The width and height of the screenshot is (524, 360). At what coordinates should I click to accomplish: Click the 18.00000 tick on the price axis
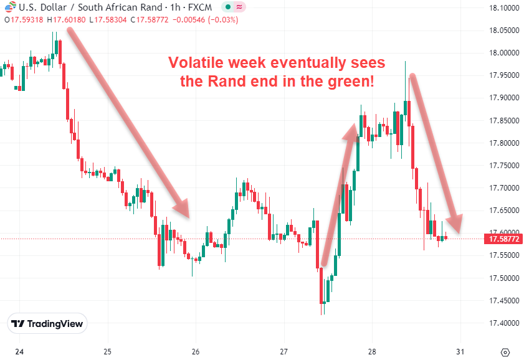[x=504, y=53]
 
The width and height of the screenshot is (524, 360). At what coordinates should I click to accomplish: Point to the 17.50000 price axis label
[x=504, y=278]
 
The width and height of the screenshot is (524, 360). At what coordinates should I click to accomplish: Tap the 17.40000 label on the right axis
[x=504, y=323]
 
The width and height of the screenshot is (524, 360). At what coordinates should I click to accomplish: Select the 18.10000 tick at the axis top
[x=504, y=8]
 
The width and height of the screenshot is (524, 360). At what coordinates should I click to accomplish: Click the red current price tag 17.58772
[x=504, y=239]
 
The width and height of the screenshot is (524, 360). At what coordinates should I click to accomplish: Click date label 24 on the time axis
[x=19, y=351]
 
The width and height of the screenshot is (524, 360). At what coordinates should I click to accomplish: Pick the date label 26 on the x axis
[x=196, y=351]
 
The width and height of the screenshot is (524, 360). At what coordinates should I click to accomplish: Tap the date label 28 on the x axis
[x=372, y=351]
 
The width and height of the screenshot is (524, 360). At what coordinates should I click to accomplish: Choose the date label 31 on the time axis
[x=460, y=351]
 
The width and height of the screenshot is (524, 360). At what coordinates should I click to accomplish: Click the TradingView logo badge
[x=47, y=324]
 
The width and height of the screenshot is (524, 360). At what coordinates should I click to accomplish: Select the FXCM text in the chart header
[x=201, y=8]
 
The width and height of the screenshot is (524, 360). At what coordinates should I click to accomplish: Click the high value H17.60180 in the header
[x=69, y=20]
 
